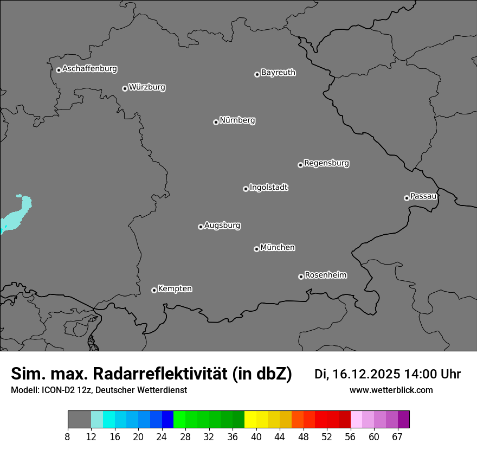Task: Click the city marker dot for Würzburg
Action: coord(125,88)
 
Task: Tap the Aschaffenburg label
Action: coord(89,69)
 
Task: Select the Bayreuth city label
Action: coord(278,73)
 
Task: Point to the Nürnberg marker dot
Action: coord(216,122)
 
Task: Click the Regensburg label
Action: coord(326,163)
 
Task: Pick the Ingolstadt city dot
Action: coord(246,189)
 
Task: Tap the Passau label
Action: coord(423,196)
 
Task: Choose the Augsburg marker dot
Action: coord(201,227)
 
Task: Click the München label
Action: coord(278,248)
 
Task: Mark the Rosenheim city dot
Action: coord(301,277)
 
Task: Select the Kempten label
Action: coord(175,289)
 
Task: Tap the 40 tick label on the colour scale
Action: coord(256,436)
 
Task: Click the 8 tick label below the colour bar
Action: coord(68,436)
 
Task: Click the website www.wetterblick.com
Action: coord(391,390)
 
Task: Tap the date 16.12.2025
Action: coord(365,374)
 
